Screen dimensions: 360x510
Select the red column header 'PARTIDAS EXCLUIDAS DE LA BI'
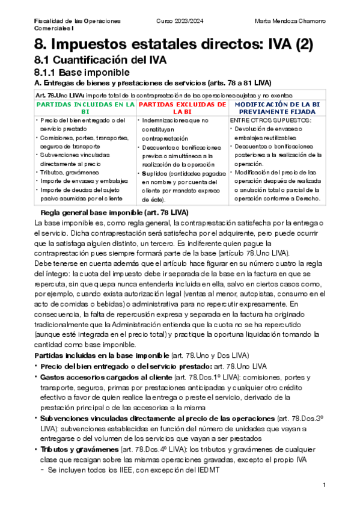(182, 108)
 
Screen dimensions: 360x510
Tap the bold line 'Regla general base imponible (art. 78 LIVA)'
(114, 213)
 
